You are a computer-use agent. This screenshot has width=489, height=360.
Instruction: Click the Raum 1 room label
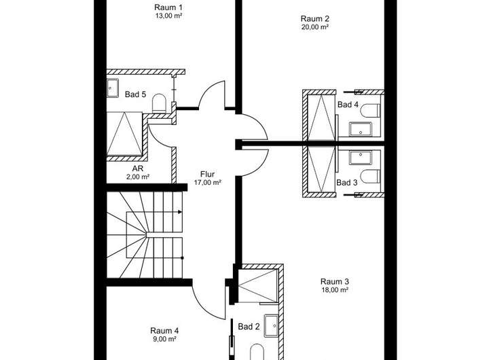168,7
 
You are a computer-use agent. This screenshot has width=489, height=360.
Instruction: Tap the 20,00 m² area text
315,27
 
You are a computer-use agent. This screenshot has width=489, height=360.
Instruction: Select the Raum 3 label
335,281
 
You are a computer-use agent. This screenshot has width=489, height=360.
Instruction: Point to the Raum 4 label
164,330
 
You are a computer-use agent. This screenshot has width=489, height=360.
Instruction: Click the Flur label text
207,174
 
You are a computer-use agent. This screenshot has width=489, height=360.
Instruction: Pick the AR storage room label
137,168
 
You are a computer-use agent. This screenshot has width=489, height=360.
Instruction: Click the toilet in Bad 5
159,103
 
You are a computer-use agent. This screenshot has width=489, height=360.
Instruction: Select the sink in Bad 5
113,88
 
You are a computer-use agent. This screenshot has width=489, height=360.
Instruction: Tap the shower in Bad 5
125,134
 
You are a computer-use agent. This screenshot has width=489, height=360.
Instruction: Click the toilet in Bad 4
371,111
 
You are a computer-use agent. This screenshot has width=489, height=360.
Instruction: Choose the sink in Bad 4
361,129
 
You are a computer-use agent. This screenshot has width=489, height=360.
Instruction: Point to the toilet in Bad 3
371,176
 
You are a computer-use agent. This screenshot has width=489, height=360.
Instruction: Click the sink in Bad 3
361,158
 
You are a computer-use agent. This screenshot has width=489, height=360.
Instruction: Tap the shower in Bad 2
257,286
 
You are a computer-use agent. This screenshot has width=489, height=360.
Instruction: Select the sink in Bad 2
271,326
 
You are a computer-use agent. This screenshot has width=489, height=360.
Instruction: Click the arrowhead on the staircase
180,212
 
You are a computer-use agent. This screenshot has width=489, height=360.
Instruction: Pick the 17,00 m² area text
208,183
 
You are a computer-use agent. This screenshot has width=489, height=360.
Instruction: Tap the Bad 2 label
249,327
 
